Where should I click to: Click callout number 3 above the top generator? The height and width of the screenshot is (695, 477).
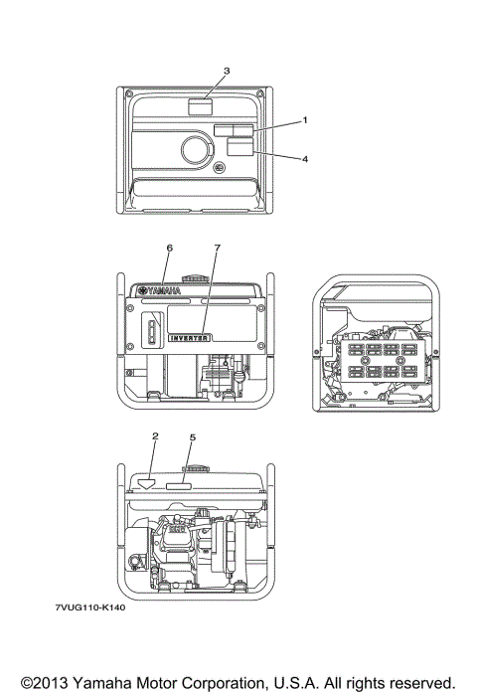tap(227, 71)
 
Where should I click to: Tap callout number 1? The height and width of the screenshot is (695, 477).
tap(305, 119)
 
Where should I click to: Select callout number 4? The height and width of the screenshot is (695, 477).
tap(305, 158)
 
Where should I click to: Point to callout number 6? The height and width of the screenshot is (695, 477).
tap(170, 247)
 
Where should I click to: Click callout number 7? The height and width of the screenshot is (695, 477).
tap(217, 247)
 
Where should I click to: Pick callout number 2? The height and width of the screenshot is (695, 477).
tap(155, 435)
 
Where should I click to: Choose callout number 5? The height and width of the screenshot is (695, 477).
tap(193, 435)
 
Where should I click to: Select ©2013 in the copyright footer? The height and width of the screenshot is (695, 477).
tap(39, 683)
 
